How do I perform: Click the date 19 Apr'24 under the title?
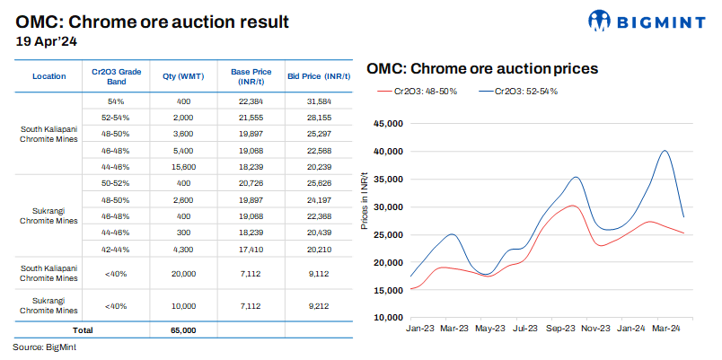click(47, 40)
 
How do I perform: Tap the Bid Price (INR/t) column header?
click(318, 76)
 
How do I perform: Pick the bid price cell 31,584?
click(318, 101)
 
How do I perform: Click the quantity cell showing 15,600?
click(183, 166)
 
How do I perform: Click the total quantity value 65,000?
click(183, 330)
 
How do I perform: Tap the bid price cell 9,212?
click(318, 305)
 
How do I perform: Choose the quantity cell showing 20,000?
click(183, 274)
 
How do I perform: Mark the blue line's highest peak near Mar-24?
click(665, 151)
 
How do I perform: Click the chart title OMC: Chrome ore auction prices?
click(481, 68)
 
